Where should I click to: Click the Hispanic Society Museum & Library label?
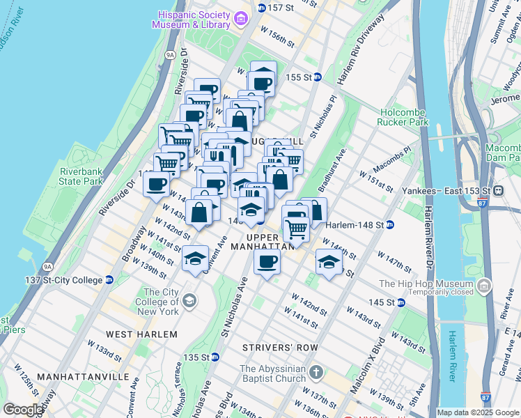(194, 19)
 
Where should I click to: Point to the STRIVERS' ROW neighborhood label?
(280, 347)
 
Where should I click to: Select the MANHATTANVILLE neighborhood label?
(83, 376)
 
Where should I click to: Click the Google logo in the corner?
(23, 410)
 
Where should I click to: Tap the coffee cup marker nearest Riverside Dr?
(156, 185)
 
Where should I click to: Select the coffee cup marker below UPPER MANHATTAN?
(267, 262)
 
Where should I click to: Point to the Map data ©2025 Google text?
(478, 412)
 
